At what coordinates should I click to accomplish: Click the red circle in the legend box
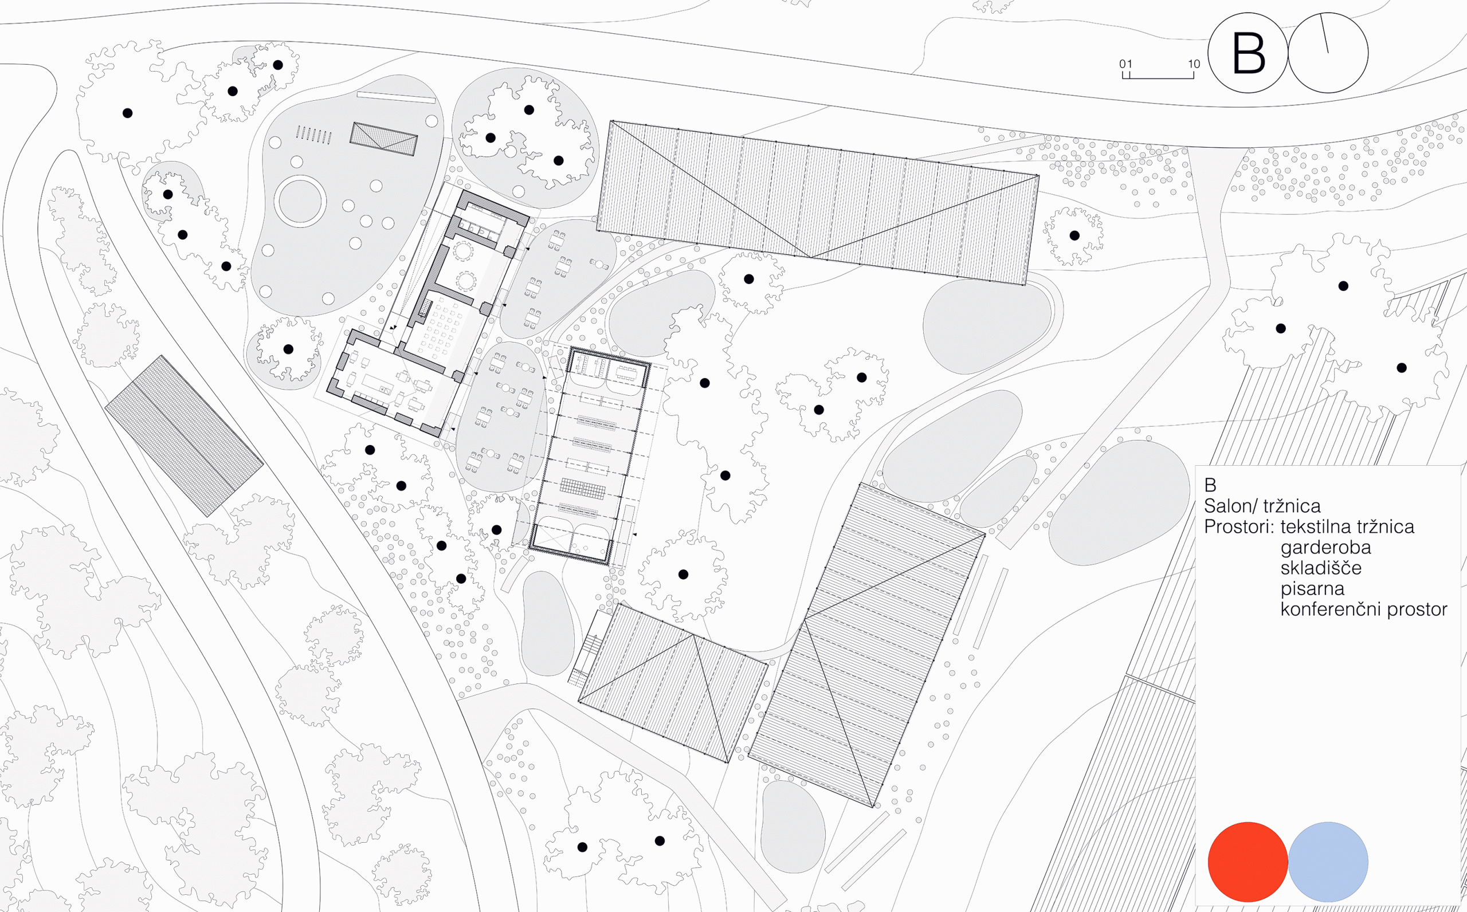1248,862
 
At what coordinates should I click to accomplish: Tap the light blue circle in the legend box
1328,862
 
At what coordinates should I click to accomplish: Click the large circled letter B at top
1248,53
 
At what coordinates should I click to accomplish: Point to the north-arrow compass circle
1328,53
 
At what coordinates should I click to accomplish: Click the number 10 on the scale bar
1194,64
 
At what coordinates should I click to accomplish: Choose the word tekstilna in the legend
1316,526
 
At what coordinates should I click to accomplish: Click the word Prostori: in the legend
1239,526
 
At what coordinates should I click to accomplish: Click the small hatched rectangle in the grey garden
383,139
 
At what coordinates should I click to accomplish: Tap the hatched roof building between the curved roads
184,435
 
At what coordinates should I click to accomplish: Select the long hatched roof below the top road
817,203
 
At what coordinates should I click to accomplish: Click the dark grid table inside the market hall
583,488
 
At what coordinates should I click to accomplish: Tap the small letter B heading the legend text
1210,485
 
